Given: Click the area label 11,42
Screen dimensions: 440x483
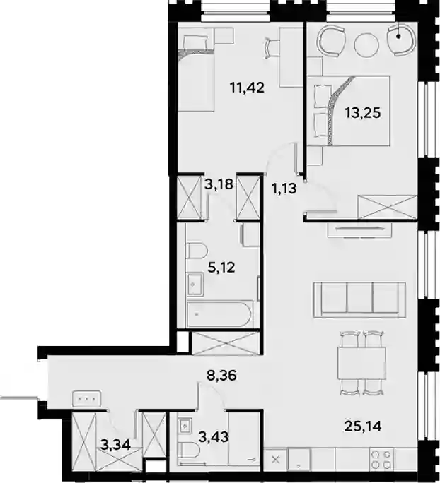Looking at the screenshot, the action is [x=247, y=88].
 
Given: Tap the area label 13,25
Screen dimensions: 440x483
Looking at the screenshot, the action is [x=363, y=113].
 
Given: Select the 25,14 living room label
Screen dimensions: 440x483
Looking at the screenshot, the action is [x=363, y=427].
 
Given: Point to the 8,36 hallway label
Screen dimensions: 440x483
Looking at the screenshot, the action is [x=222, y=376].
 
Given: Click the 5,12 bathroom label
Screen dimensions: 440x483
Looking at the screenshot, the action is [x=221, y=268].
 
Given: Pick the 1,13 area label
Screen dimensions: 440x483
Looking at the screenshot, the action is [x=284, y=189].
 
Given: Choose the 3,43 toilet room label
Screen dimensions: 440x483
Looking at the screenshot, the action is [x=214, y=437].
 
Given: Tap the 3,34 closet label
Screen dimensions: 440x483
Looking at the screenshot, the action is [x=115, y=445].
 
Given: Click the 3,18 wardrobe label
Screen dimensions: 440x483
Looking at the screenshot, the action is [x=219, y=184].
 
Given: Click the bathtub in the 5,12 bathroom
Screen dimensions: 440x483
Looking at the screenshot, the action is [x=219, y=314].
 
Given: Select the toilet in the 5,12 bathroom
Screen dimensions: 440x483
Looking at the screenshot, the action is [x=196, y=251].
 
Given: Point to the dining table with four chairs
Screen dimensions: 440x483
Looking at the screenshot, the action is [x=362, y=363].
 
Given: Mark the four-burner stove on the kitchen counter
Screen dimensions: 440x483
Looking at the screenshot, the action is [x=382, y=459].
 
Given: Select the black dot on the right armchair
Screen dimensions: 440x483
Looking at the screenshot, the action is [x=398, y=36].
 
